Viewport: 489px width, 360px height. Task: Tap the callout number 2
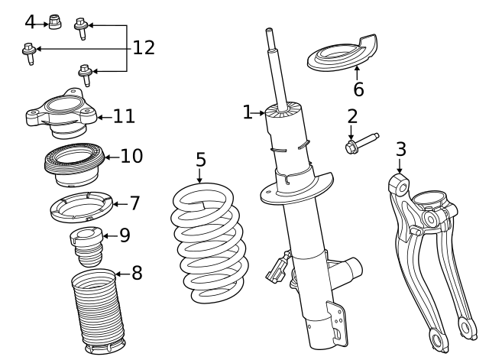(x=352, y=116)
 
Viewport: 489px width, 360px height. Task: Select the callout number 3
(x=400, y=148)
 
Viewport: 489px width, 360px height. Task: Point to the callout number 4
(x=30, y=21)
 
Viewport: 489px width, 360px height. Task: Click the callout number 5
(x=200, y=160)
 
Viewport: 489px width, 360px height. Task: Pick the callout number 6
(x=358, y=89)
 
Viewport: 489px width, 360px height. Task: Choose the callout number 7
(x=134, y=203)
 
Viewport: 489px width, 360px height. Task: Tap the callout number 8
(x=137, y=272)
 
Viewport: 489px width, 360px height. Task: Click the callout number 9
(x=125, y=235)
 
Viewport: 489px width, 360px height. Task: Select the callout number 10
(x=131, y=156)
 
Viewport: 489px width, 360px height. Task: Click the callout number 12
(x=144, y=47)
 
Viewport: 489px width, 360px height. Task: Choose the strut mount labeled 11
(x=60, y=112)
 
